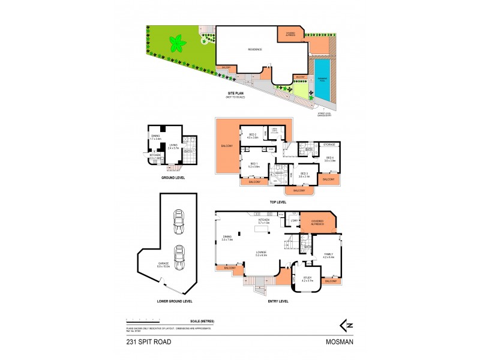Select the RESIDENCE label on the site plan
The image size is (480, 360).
256,50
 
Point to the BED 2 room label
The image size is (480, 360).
253,135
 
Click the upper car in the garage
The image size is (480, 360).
178,223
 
